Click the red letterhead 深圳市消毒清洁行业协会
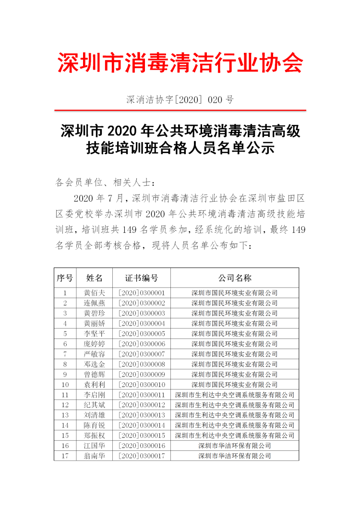(180, 63)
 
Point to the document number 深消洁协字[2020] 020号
(180, 100)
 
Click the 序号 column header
(65, 278)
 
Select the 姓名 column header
(94, 278)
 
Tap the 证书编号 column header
(142, 278)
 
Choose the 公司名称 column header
(235, 278)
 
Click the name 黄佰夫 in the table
(94, 292)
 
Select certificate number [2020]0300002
(142, 303)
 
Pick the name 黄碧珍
(94, 313)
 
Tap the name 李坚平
(94, 333)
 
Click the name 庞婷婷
(94, 344)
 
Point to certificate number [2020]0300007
(142, 354)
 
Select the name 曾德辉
(94, 374)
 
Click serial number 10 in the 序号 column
(65, 385)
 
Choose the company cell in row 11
(235, 395)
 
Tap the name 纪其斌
(94, 405)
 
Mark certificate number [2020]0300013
(142, 415)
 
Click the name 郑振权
(94, 435)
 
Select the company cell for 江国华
(235, 446)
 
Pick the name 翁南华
(94, 456)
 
